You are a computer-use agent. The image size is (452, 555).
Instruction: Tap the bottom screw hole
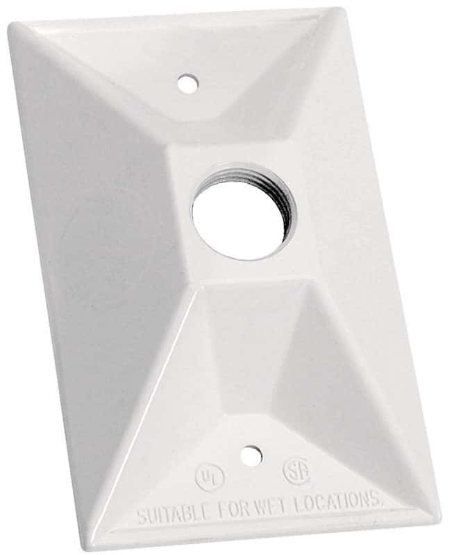[251, 456]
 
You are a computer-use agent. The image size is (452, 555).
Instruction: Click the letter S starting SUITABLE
[140, 516]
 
